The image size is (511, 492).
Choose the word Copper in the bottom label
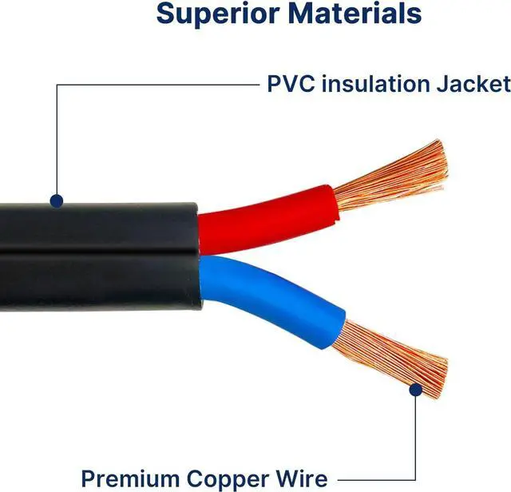pos(255,478)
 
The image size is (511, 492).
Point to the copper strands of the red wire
pos(391,176)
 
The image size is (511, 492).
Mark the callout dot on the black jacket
pos(56,200)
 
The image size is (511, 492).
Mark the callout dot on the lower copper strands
pos(415,389)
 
